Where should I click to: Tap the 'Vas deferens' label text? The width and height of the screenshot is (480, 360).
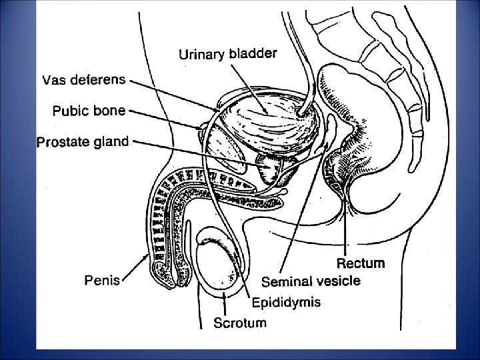coord(83,81)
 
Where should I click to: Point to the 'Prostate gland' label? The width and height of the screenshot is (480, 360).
coord(83,141)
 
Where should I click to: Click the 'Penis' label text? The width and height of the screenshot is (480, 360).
coord(102,280)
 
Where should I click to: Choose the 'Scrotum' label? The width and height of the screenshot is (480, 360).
coord(239,324)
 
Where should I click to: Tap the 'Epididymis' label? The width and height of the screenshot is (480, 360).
coord(286,302)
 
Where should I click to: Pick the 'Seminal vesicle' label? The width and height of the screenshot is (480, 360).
coord(311,281)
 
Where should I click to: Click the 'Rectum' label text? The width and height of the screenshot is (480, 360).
coord(360,264)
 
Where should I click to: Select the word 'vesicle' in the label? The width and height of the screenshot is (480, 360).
coord(338,281)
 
